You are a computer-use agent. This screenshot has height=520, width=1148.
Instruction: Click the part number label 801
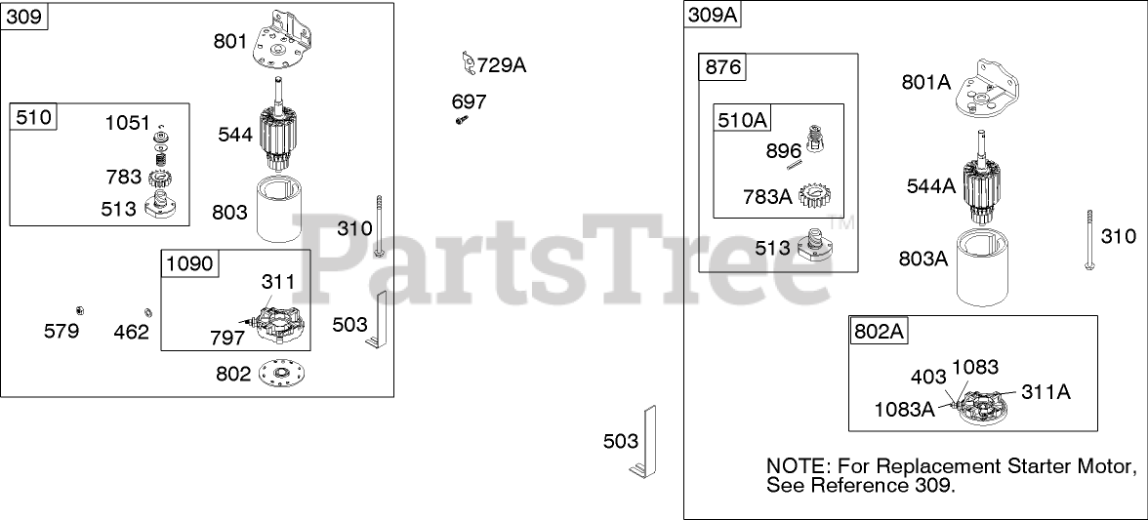(x=231, y=41)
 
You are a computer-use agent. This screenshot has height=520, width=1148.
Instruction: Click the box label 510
(x=34, y=119)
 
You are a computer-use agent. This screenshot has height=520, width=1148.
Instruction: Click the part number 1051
(x=128, y=123)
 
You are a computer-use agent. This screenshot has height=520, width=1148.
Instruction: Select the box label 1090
(x=188, y=264)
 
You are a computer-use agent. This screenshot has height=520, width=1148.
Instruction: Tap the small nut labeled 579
(x=83, y=311)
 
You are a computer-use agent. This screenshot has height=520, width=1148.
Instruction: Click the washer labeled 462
(x=148, y=312)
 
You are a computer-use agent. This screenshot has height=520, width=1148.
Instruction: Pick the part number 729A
(x=502, y=65)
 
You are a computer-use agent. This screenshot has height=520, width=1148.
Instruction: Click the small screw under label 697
(x=461, y=120)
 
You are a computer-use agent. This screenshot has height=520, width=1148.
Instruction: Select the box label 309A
(x=712, y=15)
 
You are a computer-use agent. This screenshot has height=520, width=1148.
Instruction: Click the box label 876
(x=723, y=67)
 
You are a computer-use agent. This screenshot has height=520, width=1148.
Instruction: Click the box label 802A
(x=879, y=331)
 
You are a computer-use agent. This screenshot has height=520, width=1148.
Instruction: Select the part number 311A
(x=1045, y=392)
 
